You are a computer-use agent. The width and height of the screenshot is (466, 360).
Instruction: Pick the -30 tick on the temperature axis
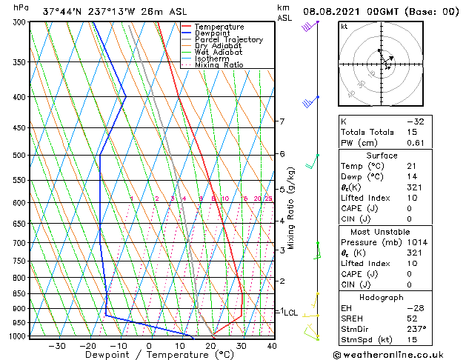56,346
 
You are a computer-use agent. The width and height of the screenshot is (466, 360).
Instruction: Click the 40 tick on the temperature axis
272,346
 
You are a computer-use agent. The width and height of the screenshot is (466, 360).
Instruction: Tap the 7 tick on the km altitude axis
282,121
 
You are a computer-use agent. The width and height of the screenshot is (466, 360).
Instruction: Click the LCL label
290,313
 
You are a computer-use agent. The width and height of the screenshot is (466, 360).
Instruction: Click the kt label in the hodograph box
344,26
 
